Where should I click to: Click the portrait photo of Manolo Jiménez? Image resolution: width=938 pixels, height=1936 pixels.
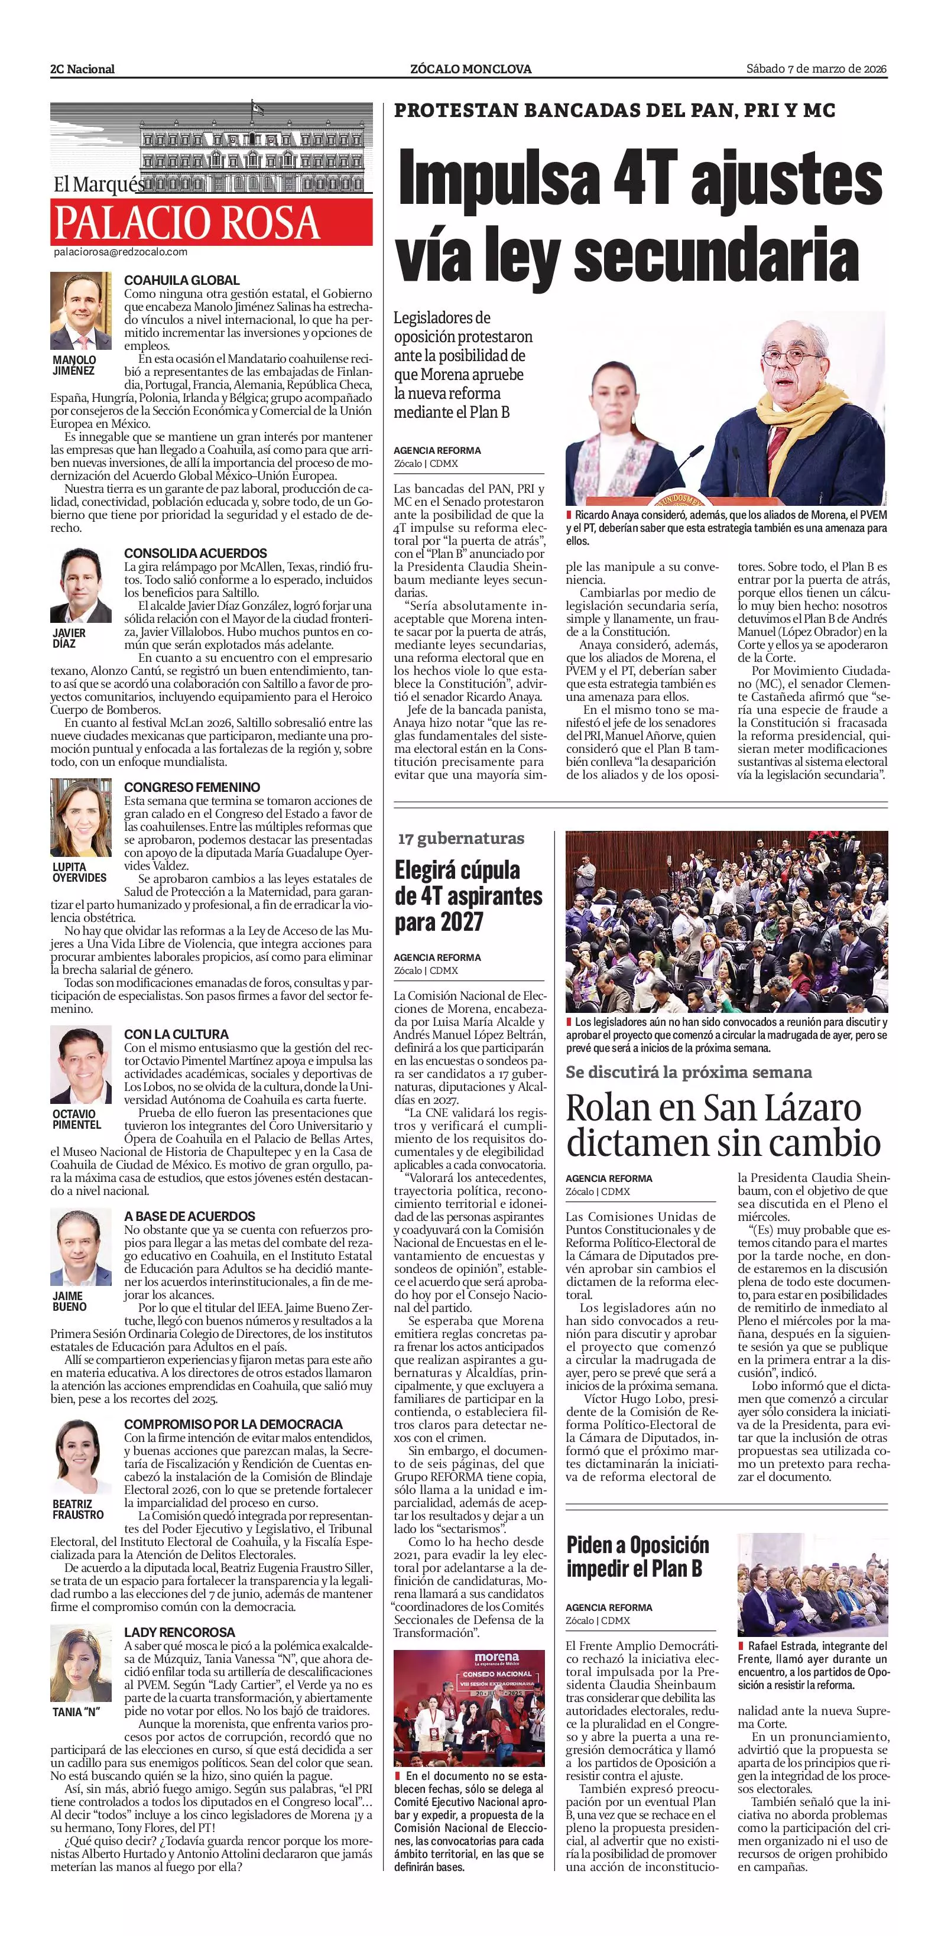click(81, 310)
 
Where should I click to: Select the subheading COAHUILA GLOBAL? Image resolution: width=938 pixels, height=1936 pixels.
click(182, 280)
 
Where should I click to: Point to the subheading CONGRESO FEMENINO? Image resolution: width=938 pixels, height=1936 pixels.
click(193, 787)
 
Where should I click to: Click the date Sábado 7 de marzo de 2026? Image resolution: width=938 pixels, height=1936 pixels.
click(816, 69)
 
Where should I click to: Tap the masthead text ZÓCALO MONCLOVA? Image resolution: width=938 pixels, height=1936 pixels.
click(470, 69)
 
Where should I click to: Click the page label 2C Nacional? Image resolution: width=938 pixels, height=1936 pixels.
click(83, 69)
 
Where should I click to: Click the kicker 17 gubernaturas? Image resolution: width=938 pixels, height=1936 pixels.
click(462, 839)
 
